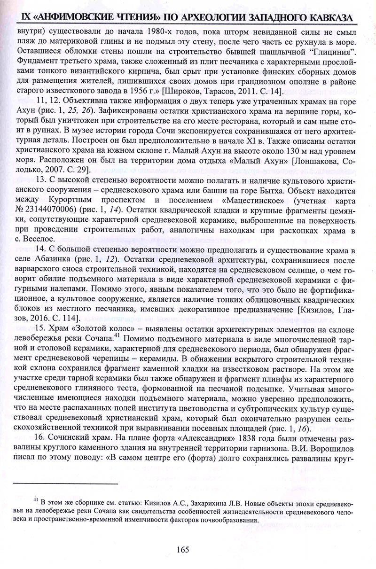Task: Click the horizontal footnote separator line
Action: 66,483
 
